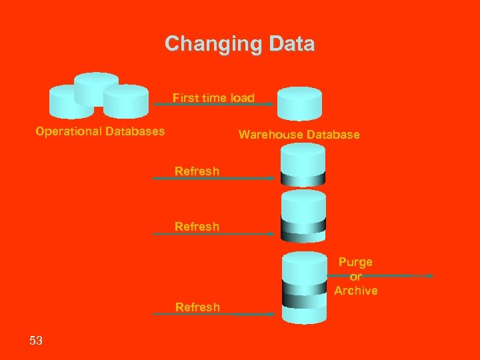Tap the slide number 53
(36, 341)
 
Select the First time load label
(213, 97)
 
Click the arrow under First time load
(213, 105)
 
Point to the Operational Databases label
(100, 131)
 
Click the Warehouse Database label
(299, 135)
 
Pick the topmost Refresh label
(197, 171)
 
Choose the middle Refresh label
(197, 226)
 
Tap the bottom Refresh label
(197, 307)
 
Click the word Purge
(355, 262)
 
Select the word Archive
(356, 291)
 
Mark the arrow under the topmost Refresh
(213, 179)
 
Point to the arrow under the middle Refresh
(213, 234)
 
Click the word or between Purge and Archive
(355, 277)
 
